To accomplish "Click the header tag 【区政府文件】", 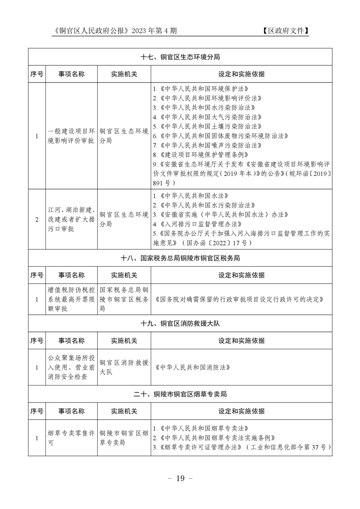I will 285,31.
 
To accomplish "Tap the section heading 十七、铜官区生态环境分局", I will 180,57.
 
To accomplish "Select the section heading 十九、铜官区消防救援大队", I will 180,323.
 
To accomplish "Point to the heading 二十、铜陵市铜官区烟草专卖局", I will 180,394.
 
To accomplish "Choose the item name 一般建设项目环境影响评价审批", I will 71,136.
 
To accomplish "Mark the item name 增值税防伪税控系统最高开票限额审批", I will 71,299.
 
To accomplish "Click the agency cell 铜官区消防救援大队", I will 123,367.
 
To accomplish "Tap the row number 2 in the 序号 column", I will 37,220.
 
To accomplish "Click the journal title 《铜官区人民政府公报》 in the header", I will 91,31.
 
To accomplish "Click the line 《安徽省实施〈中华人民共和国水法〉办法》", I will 220,214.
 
